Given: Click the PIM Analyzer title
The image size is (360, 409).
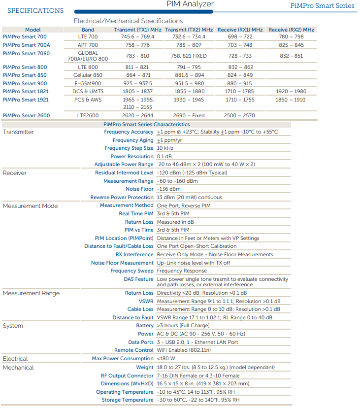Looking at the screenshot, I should click(x=190, y=4).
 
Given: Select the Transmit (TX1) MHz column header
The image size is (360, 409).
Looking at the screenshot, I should click(x=137, y=30).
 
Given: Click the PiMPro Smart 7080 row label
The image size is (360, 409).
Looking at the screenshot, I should click(x=26, y=53).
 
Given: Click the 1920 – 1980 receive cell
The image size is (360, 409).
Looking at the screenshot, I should click(x=291, y=92).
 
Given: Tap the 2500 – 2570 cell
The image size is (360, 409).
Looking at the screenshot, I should click(x=239, y=116).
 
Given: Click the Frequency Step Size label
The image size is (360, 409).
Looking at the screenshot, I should click(x=129, y=148).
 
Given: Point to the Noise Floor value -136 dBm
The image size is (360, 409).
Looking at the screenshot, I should click(x=168, y=189).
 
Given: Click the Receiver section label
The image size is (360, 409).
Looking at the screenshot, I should click(x=15, y=173).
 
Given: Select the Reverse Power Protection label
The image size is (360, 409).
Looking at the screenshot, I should click(x=122, y=198).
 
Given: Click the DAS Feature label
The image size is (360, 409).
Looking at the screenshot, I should click(x=138, y=279).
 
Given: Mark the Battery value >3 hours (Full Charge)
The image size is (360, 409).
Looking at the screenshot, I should click(x=183, y=326).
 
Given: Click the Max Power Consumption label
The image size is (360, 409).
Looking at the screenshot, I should click(x=123, y=359).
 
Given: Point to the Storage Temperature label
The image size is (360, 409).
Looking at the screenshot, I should click(x=128, y=400).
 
